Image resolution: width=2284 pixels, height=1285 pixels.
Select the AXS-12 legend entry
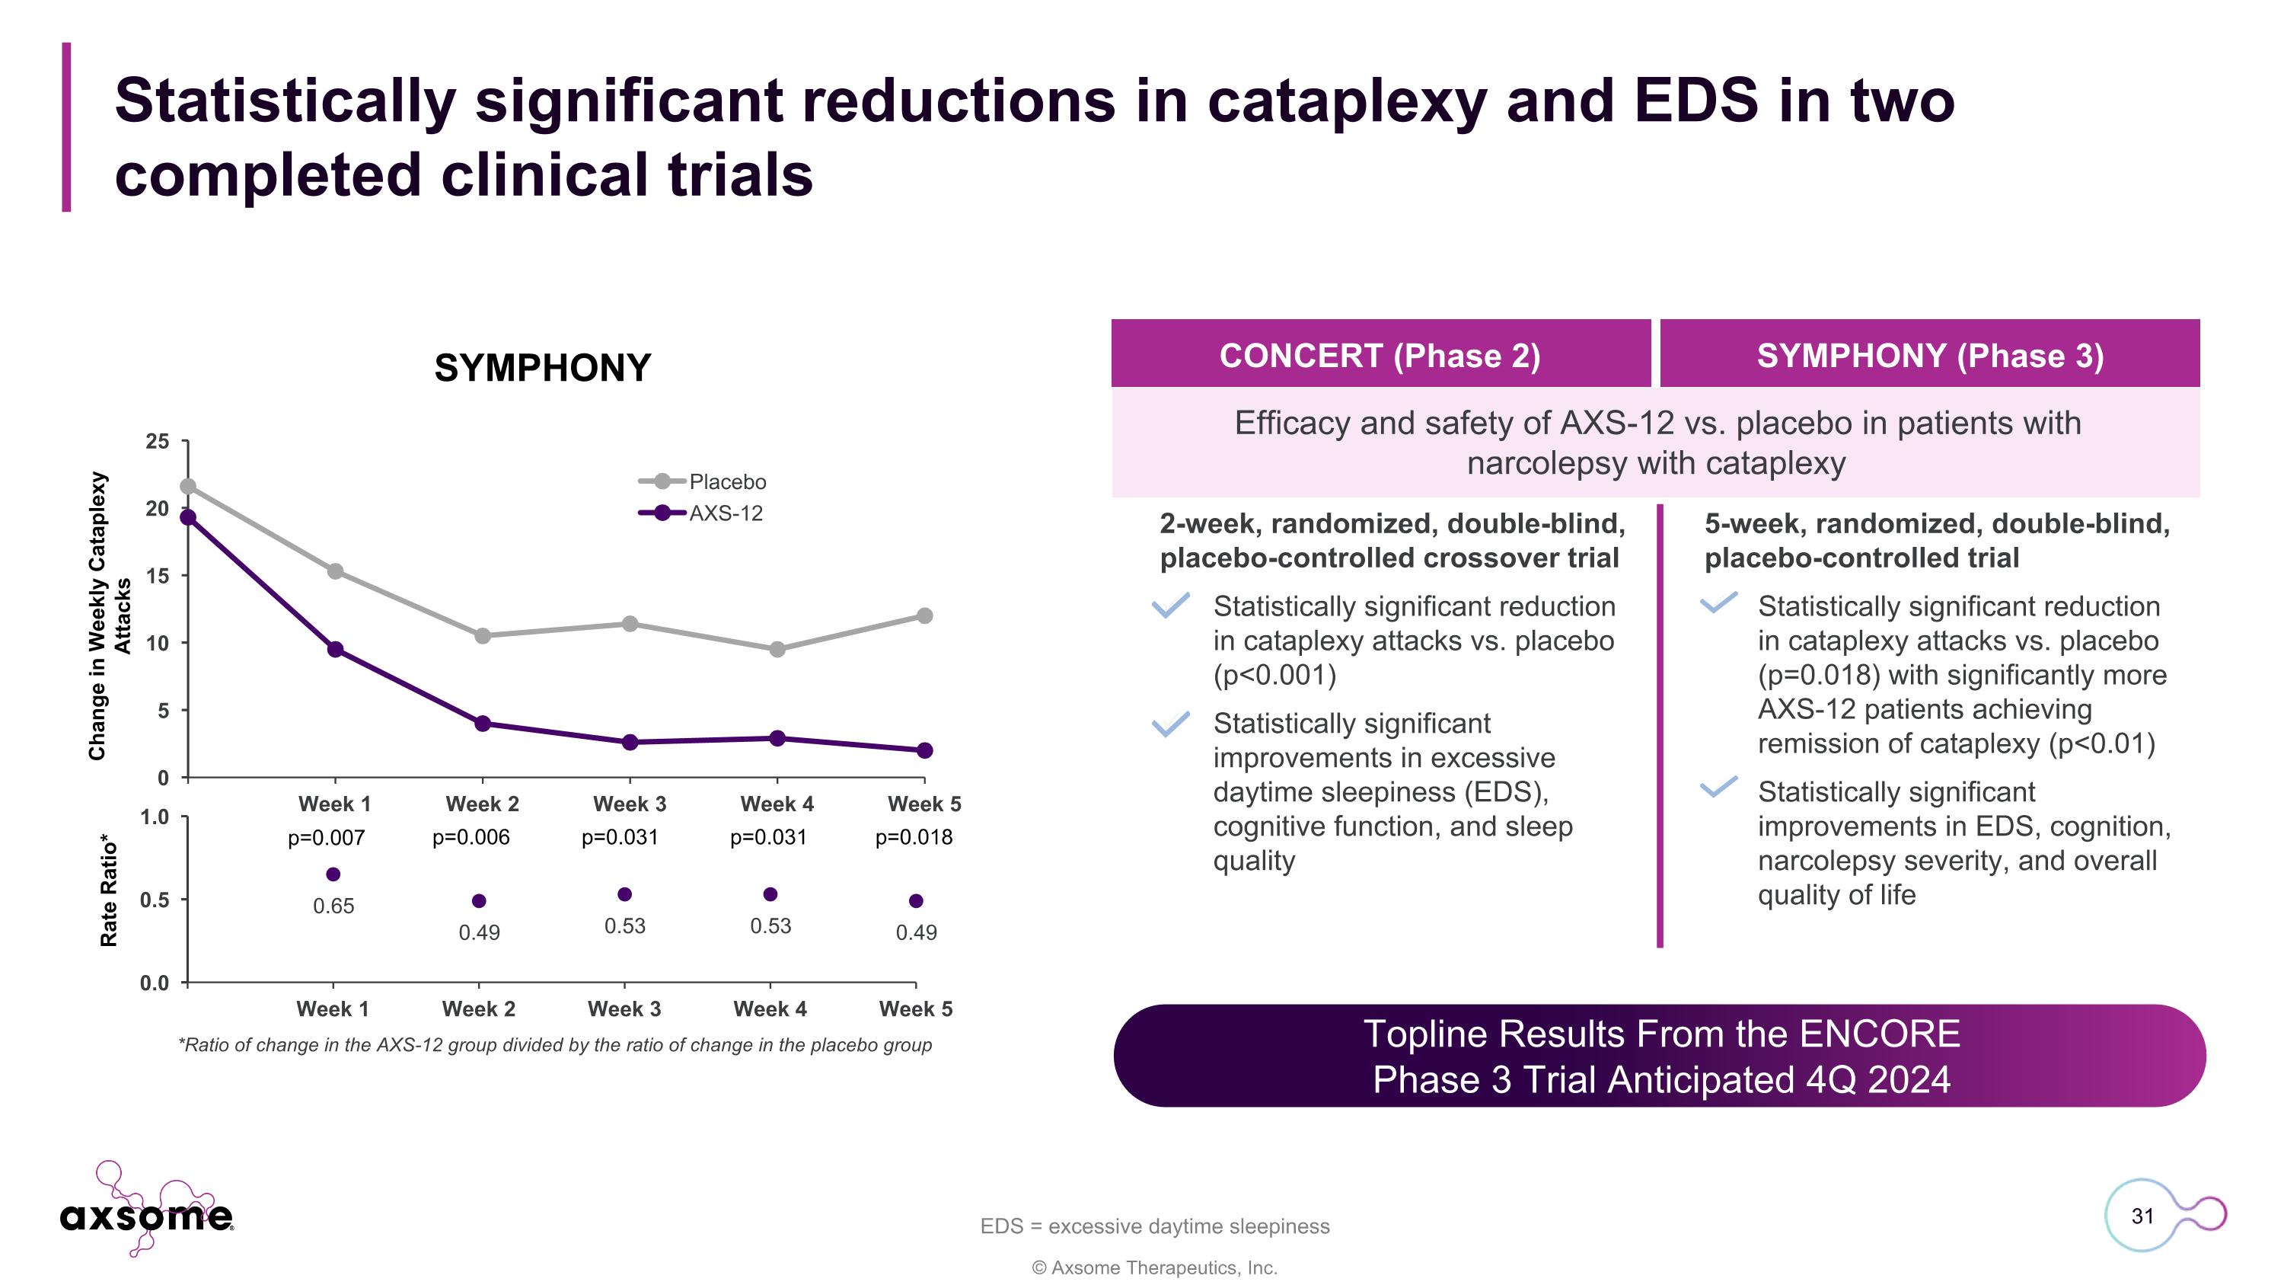(700, 513)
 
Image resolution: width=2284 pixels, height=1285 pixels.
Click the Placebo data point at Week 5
(924, 615)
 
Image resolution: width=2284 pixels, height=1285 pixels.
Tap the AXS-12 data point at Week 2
(483, 724)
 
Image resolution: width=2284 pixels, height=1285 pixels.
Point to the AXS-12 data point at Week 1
(335, 649)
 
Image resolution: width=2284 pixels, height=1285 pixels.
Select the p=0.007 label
(327, 837)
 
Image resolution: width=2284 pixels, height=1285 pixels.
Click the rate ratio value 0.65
(333, 906)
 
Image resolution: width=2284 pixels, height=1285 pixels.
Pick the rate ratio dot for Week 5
(916, 901)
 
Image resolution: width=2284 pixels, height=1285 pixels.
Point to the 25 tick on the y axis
(157, 442)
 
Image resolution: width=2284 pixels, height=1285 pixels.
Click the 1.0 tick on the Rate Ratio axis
(155, 817)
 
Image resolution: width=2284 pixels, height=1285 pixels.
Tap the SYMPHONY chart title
(543, 368)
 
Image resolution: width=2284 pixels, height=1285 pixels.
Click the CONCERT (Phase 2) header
(1380, 356)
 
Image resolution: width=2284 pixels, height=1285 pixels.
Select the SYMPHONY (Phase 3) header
(1929, 356)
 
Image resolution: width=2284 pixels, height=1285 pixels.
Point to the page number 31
(2142, 1216)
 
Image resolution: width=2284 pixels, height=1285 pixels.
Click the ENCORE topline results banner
(1660, 1056)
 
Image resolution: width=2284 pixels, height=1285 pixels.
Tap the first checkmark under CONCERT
(1170, 606)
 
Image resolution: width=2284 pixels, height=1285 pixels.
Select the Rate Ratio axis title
(108, 890)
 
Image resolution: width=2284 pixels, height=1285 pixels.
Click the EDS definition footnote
(1154, 1226)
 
